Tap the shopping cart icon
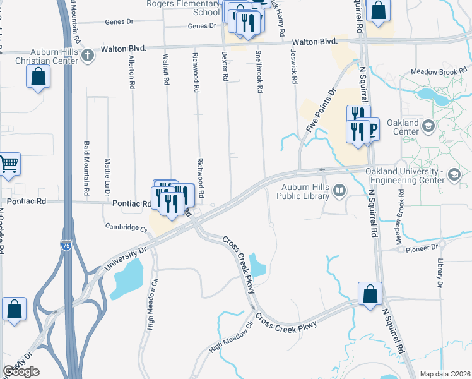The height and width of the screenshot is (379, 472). [8, 164]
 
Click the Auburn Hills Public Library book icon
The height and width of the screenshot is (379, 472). [339, 189]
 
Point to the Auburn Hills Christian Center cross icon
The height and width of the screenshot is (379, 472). [87, 56]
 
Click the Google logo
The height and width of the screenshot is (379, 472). [21, 371]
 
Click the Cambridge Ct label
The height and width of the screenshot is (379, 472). [126, 227]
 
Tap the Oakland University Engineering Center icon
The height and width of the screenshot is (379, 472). [454, 174]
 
